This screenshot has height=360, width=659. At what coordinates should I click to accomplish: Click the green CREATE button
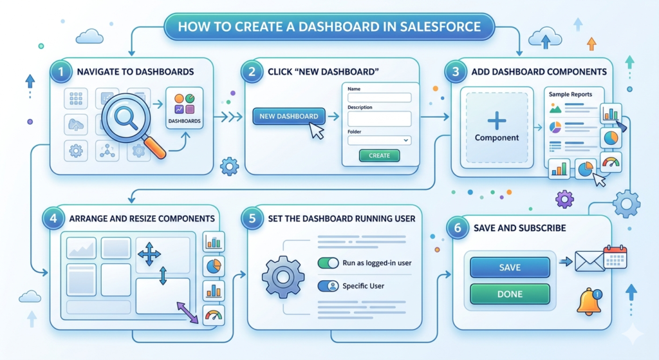[x=379, y=155]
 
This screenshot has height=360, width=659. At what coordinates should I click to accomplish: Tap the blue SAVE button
[x=510, y=267]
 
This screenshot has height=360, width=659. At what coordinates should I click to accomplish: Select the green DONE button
[x=510, y=294]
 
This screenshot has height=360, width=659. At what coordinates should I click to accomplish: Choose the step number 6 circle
[x=457, y=228]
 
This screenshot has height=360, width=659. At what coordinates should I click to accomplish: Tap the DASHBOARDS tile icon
[x=184, y=108]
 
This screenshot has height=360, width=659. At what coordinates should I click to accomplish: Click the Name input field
[x=379, y=97]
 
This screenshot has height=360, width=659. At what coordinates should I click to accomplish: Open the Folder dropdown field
[x=379, y=140]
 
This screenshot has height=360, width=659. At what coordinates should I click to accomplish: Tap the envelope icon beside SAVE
[x=588, y=261]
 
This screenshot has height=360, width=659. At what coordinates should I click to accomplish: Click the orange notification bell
[x=589, y=301]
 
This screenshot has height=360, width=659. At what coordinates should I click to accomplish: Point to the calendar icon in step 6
[x=615, y=256]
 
